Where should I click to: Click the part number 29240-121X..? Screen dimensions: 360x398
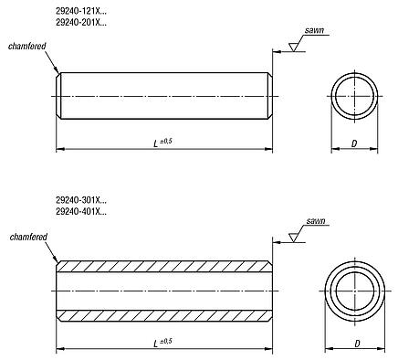pos(80,10)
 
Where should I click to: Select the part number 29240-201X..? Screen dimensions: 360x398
pos(80,21)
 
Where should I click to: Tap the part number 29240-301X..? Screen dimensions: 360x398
pos(80,200)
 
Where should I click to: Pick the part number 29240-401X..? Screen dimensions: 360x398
pos(80,211)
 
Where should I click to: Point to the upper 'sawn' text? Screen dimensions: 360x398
pos(315,31)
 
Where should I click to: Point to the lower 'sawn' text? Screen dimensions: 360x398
pos(315,221)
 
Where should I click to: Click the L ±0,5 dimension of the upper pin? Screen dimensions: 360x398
pos(164,141)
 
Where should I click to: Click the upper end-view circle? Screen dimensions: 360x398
pos(355,94)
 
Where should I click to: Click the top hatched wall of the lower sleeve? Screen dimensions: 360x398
pos(164,271)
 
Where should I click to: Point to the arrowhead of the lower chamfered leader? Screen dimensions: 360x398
pos(58,263)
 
